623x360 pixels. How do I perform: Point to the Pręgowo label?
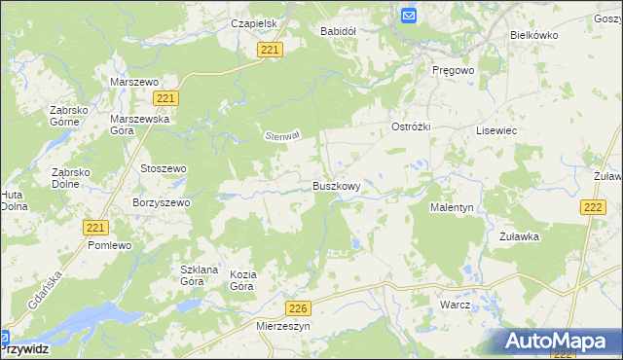(x=453, y=71)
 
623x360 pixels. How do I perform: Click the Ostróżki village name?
(x=411, y=127)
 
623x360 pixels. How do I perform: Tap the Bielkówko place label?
(x=533, y=34)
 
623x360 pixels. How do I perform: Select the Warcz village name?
(x=455, y=305)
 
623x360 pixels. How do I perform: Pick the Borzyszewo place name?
(x=162, y=202)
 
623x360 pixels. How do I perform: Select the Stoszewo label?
(x=164, y=168)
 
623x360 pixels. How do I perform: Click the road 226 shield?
(x=299, y=308)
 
